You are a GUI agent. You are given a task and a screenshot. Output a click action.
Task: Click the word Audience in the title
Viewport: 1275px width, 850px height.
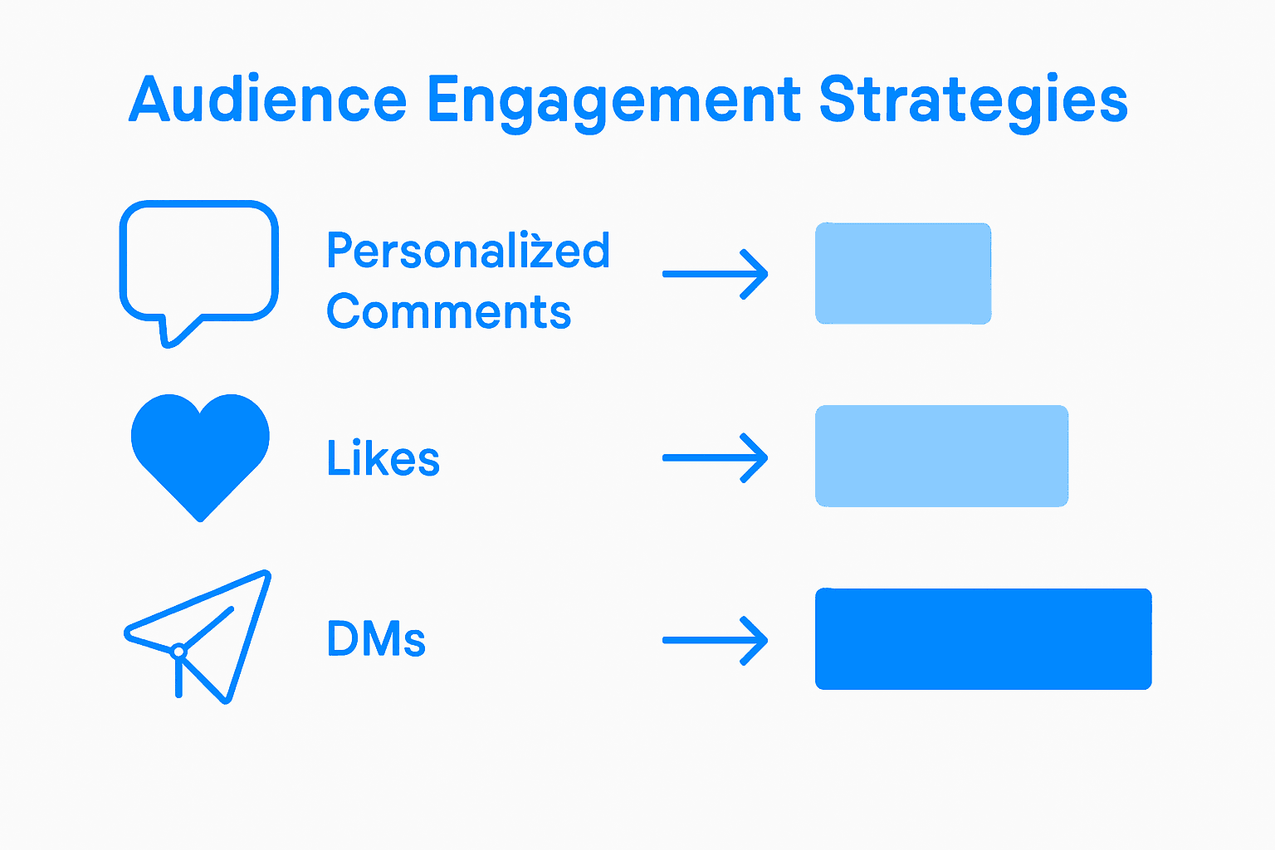coord(267,100)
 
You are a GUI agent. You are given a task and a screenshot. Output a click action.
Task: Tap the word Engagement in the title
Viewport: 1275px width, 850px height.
coord(613,103)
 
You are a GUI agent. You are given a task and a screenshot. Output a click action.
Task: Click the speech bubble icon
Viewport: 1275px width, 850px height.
coord(199,261)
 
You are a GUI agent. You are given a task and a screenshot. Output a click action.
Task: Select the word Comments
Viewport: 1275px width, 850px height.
coord(448,312)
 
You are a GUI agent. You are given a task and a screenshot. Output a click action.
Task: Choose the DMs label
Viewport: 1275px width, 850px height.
coord(376,639)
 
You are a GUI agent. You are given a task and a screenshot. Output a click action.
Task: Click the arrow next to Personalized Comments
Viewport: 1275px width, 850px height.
coord(716,274)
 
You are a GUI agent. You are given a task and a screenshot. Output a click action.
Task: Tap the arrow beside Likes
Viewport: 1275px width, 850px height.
coord(716,457)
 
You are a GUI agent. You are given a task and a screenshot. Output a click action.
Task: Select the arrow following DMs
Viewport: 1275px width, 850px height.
coord(716,640)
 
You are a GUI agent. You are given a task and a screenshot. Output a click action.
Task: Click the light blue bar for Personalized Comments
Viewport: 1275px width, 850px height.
coord(903,273)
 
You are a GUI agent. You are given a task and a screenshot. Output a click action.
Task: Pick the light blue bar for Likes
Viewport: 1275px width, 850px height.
coord(941,456)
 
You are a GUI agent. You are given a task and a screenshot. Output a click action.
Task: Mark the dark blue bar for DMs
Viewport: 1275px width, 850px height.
coord(983,639)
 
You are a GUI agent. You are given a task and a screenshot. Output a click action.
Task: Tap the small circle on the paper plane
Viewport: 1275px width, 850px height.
coord(178,652)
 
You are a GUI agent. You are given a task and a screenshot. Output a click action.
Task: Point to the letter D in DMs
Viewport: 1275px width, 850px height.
coord(344,639)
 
